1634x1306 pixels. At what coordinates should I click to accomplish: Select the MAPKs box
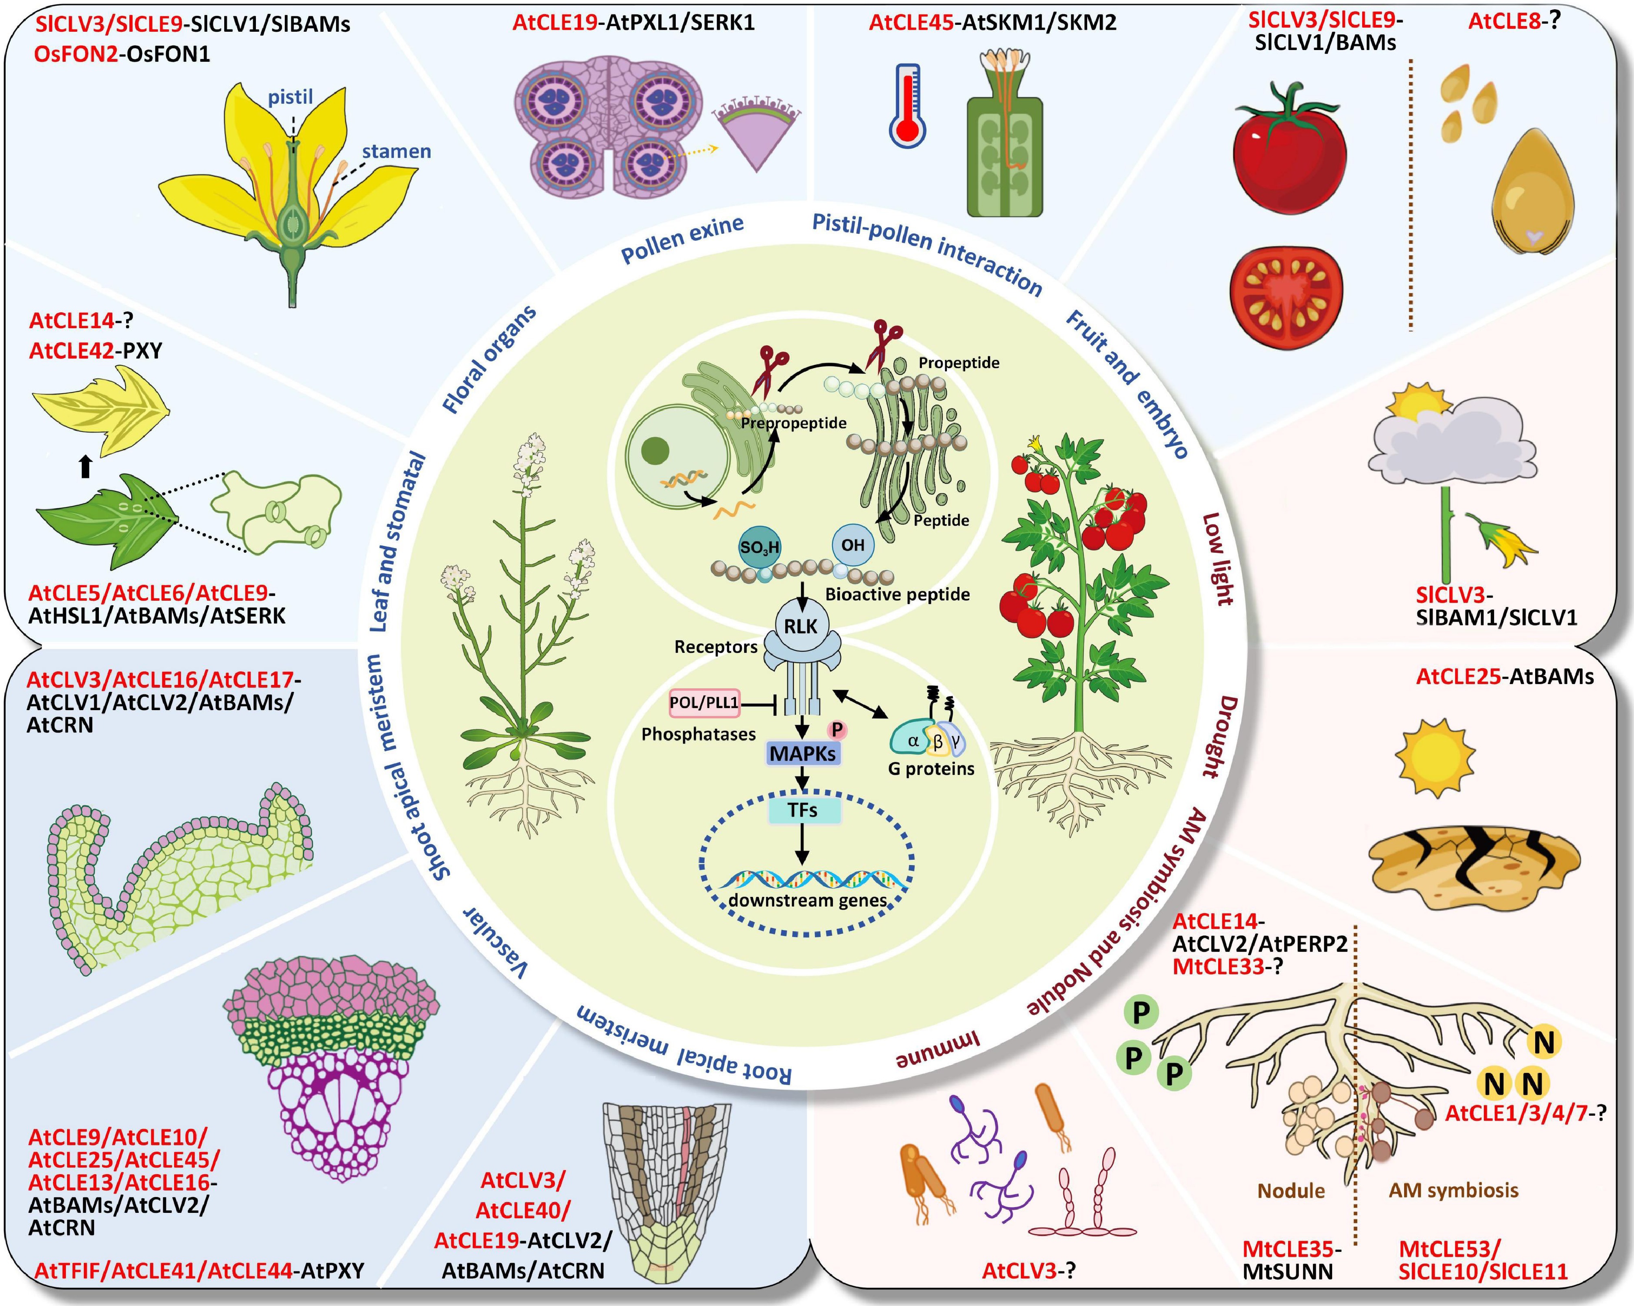pos(803,754)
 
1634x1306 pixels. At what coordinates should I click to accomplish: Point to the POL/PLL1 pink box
pos(704,703)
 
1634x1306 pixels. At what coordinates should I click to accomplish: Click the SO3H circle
pos(759,547)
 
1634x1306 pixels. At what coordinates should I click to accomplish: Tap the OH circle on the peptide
pos(853,545)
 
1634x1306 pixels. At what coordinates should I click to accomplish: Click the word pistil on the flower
pos(290,97)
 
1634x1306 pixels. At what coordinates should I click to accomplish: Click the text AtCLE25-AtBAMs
pos(1504,676)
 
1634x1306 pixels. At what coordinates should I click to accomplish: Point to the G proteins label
pos(931,769)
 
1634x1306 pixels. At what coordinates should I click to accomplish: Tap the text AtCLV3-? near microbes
pos(1029,1270)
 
